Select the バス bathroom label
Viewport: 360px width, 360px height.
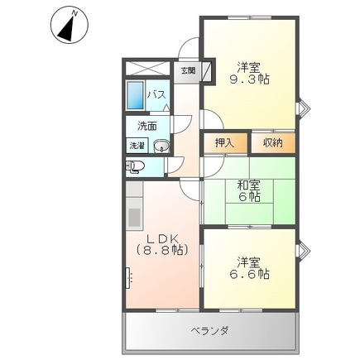(156, 95)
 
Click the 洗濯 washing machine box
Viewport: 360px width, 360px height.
(137, 146)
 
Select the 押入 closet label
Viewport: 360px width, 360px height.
(224, 143)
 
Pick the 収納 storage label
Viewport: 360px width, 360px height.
(272, 143)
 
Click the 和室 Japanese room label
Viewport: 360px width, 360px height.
(249, 185)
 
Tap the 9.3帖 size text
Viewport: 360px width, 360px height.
(249, 79)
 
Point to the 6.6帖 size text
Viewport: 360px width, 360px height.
(249, 274)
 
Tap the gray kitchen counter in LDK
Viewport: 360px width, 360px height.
(134, 218)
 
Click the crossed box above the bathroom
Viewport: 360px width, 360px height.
(146, 70)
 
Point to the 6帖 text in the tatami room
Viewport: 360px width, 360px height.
(249, 197)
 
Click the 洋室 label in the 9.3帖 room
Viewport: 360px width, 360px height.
(249, 66)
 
